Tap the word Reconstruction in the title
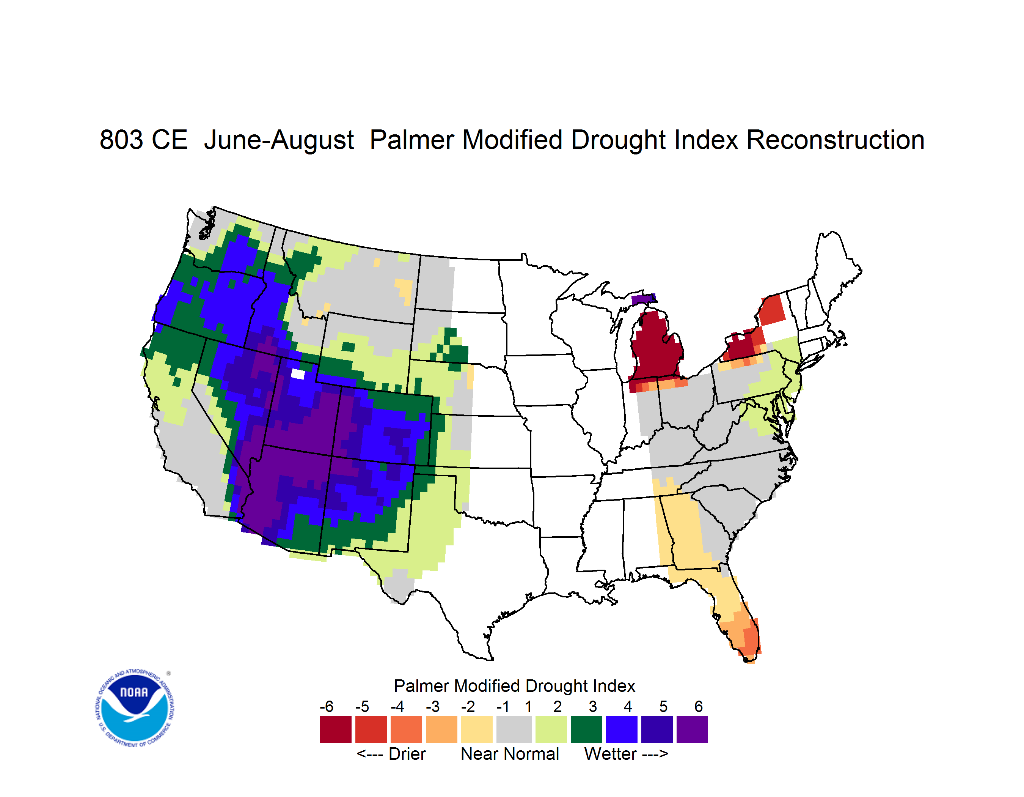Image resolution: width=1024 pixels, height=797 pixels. [835, 140]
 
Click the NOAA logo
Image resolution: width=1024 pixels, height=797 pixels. [135, 708]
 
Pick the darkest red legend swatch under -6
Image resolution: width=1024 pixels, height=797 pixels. [336, 729]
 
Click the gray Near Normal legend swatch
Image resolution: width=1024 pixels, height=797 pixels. [514, 729]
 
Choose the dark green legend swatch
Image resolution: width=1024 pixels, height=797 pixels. [586, 729]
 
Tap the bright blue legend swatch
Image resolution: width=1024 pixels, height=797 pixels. [622, 729]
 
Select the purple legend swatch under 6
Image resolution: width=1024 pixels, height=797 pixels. [692, 729]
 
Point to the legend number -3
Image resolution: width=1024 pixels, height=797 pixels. [432, 706]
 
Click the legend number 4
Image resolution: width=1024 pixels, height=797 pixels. [628, 706]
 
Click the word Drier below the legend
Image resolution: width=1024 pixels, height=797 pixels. [407, 754]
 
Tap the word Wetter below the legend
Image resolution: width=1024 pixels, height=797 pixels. [611, 754]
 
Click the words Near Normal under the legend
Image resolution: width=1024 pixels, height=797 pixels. [510, 754]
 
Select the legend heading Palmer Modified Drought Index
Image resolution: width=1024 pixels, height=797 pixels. [514, 686]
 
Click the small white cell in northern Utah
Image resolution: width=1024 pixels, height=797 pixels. [298, 374]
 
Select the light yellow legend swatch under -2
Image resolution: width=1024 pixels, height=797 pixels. [477, 729]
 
